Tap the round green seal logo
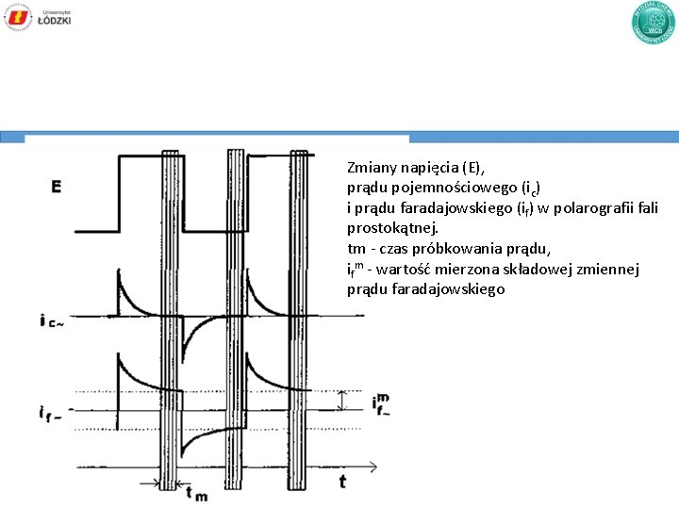click(x=654, y=24)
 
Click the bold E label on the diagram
click(x=58, y=188)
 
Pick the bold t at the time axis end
click(x=341, y=482)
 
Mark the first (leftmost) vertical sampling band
click(x=171, y=320)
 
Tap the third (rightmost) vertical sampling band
click(x=301, y=320)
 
